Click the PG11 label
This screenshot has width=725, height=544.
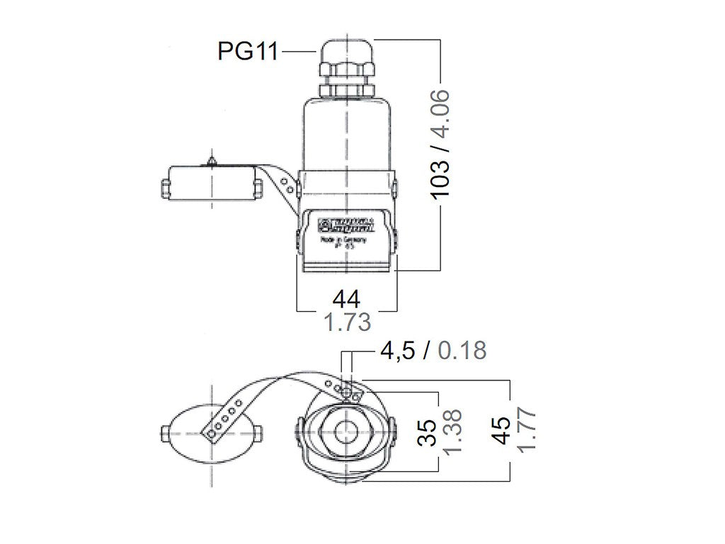click(248, 52)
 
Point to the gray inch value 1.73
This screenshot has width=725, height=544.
click(347, 324)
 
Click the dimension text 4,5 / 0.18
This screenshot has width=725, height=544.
click(433, 350)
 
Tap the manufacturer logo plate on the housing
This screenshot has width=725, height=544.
click(346, 227)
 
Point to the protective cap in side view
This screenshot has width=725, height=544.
click(211, 182)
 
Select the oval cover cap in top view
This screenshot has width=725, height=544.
click(211, 433)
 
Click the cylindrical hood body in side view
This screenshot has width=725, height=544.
click(346, 135)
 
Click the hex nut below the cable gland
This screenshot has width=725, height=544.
click(346, 89)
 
